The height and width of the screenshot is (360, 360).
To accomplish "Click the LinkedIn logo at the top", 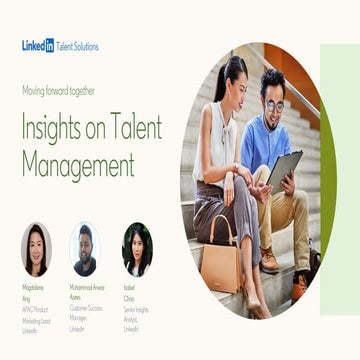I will [38, 46].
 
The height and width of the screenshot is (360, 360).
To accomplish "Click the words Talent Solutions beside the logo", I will [78, 46].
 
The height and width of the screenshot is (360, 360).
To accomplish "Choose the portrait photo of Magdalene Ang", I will [37, 249].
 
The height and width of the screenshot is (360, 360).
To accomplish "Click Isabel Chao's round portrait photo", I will [136, 249].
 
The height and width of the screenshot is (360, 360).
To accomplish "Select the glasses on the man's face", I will [274, 103].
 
